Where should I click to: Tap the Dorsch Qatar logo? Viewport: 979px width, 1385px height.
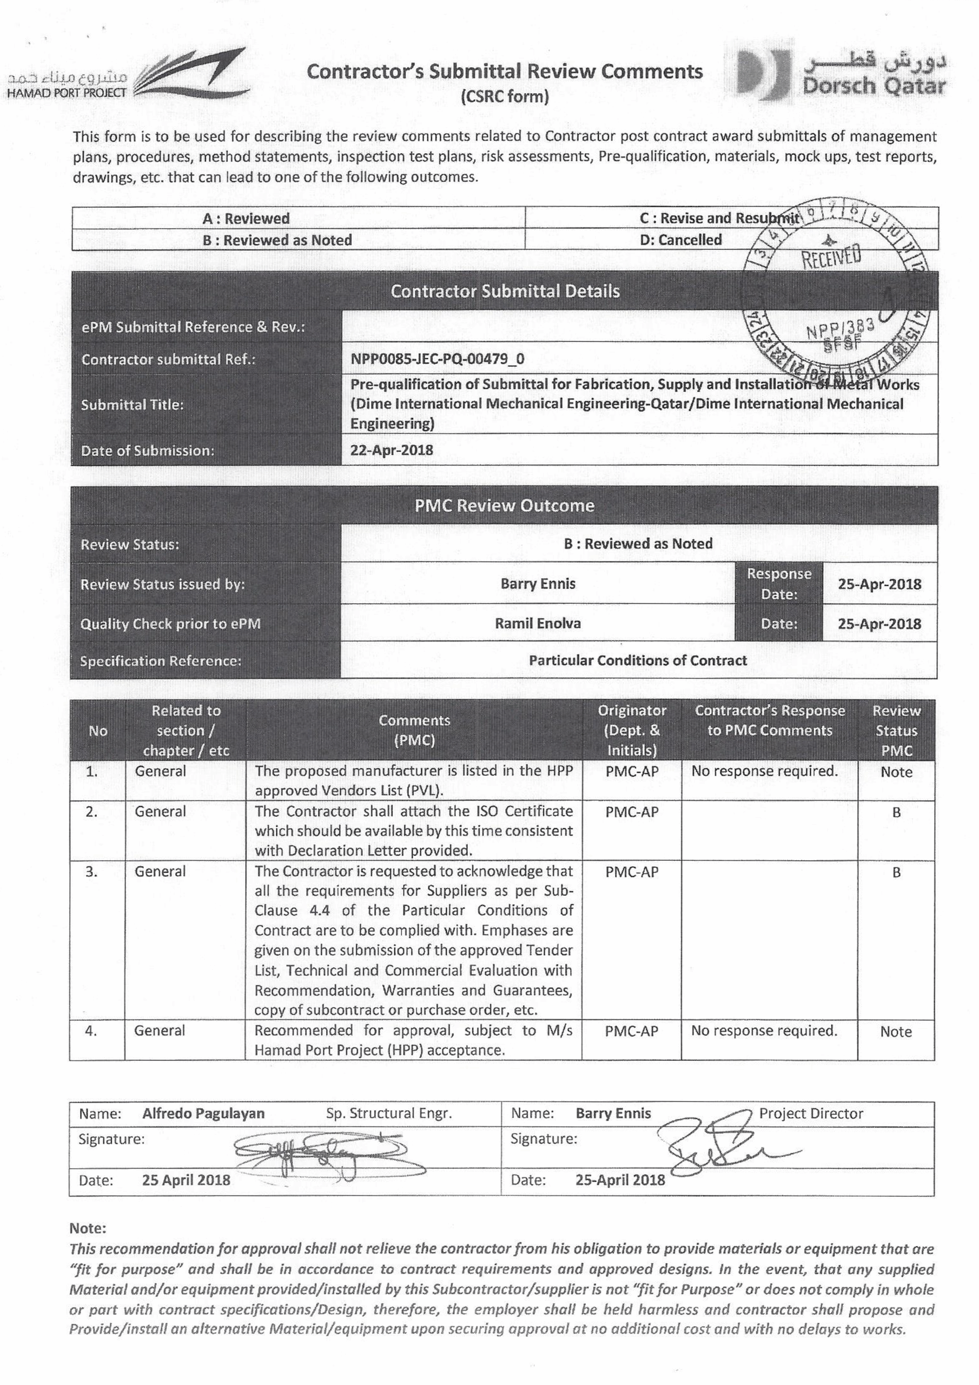pos(841,75)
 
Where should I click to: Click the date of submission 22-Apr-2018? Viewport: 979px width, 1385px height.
pos(392,450)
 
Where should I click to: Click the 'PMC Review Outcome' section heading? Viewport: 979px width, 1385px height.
pos(504,505)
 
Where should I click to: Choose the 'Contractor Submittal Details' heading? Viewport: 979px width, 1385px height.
pos(504,292)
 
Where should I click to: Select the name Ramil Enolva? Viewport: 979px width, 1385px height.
pos(538,623)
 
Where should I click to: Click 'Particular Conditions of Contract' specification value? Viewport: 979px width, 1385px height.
pos(638,660)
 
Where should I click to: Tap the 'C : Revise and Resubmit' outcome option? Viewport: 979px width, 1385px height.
pos(718,219)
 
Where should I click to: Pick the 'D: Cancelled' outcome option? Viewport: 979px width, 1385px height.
pos(680,240)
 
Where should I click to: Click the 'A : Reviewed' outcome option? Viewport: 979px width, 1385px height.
pos(246,219)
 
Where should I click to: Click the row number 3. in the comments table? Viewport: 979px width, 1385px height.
pos(91,871)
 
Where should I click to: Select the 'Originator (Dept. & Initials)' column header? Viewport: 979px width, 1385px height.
pos(632,730)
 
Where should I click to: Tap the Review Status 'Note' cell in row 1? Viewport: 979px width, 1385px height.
pos(896,772)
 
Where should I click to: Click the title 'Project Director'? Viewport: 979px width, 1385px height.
pos(811,1113)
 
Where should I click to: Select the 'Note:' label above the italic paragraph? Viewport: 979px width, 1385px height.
pos(88,1228)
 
